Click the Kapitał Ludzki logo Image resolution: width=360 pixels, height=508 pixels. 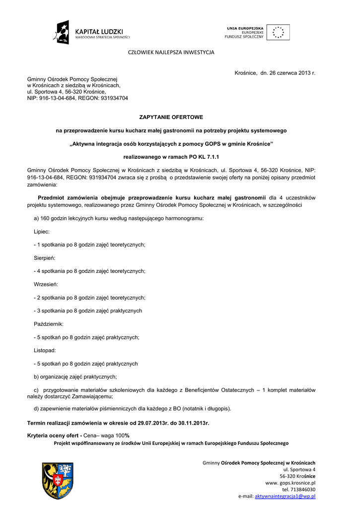pyautogui.click(x=92, y=32)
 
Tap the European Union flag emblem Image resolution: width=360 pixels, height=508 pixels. pyautogui.click(x=278, y=32)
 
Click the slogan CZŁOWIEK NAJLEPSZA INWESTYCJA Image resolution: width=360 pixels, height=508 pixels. pyautogui.click(x=171, y=52)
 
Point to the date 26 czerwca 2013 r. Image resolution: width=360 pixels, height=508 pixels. pyautogui.click(x=288, y=73)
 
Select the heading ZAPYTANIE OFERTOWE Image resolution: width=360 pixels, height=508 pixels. pyautogui.click(x=171, y=117)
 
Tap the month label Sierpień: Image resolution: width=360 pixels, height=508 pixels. pyautogui.click(x=44, y=258)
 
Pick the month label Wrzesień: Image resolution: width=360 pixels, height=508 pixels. pyautogui.click(x=46, y=284)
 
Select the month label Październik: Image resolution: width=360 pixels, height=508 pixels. pyautogui.click(x=48, y=324)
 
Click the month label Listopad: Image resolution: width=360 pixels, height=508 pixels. pyautogui.click(x=44, y=350)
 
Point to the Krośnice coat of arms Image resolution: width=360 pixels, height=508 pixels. pyautogui.click(x=58, y=480)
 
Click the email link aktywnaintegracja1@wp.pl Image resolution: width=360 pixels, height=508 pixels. pyautogui.click(x=285, y=496)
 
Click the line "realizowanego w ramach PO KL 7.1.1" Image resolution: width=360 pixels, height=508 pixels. pyautogui.click(x=171, y=157)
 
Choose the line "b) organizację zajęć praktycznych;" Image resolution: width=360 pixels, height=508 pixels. pyautogui.click(x=75, y=377)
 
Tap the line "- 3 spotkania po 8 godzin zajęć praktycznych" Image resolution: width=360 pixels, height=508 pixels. pyautogui.click(x=88, y=311)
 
